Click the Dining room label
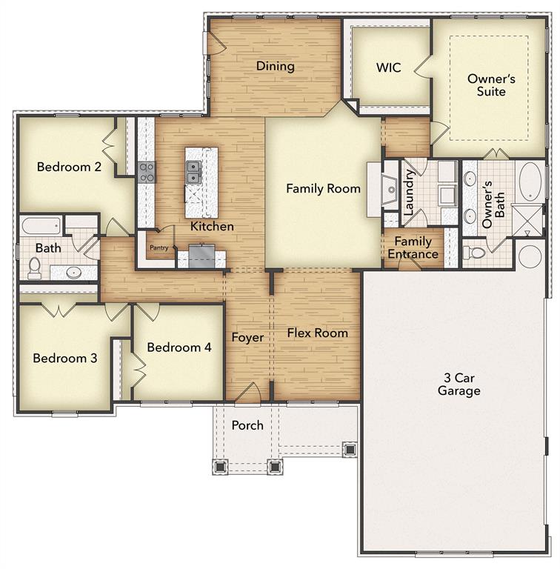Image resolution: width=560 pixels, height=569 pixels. click(x=276, y=67)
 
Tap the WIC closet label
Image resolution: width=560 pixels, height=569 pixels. click(x=388, y=67)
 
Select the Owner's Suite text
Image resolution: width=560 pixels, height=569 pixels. click(x=487, y=84)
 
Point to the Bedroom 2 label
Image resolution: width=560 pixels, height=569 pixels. click(x=69, y=167)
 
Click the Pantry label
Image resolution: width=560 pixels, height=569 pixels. click(x=159, y=248)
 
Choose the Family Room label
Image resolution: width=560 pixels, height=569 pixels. click(x=324, y=189)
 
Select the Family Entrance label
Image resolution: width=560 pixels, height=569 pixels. click(x=413, y=247)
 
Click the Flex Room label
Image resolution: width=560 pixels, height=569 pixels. click(x=318, y=333)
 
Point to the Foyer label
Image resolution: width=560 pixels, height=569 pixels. click(x=247, y=337)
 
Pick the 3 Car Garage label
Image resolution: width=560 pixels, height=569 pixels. click(x=459, y=385)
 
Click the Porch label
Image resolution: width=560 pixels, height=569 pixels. click(x=247, y=425)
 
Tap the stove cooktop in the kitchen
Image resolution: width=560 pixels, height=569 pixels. click(x=147, y=172)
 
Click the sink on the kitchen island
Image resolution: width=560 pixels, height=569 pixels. click(x=193, y=173)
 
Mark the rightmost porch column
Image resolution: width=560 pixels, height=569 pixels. click(x=349, y=448)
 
